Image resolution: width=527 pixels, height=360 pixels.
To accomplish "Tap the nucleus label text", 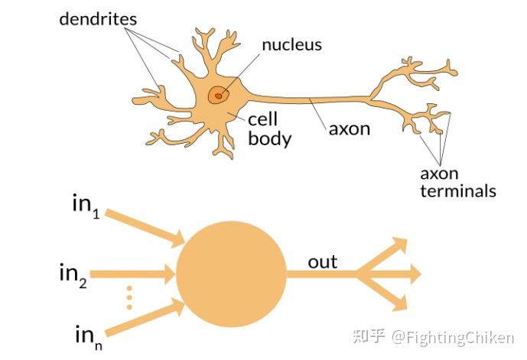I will [291, 44].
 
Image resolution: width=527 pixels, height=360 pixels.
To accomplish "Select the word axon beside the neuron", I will [349, 128].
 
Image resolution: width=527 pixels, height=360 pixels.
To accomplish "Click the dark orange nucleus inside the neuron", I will [219, 95].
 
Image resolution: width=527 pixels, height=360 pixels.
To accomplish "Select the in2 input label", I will [73, 273].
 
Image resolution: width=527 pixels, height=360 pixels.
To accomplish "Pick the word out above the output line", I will [322, 263].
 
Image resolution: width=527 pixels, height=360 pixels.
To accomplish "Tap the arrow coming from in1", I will [145, 229].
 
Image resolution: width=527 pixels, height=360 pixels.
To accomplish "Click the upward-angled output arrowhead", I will [398, 246].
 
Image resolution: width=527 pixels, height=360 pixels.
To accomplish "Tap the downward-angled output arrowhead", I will [398, 300].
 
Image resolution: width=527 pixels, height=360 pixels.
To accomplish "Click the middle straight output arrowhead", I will [413, 273].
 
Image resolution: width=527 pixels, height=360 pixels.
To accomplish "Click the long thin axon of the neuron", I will [314, 99].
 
